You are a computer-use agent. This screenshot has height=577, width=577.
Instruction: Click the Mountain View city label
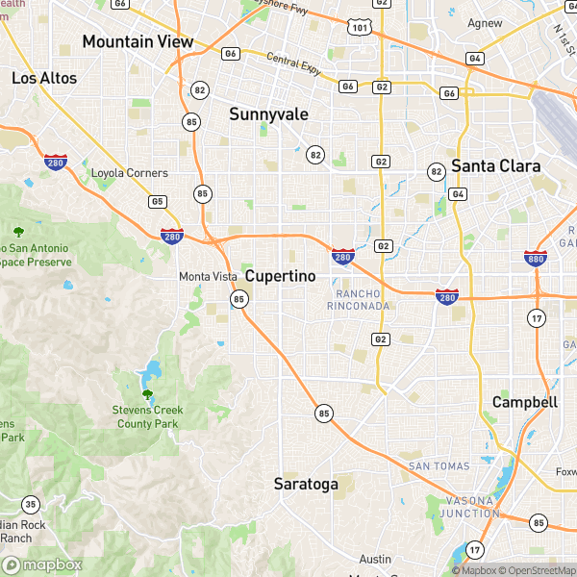click(x=138, y=41)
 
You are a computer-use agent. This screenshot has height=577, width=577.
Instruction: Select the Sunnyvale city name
click(x=268, y=114)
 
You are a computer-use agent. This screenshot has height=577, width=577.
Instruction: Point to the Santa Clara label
click(x=496, y=165)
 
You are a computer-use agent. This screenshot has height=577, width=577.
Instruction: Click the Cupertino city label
click(x=280, y=276)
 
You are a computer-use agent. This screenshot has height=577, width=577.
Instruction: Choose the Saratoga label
click(x=306, y=484)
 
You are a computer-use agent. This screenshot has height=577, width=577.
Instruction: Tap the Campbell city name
click(x=524, y=402)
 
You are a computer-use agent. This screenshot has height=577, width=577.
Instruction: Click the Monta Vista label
click(x=208, y=277)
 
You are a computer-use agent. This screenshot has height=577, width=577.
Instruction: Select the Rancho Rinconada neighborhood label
click(x=363, y=299)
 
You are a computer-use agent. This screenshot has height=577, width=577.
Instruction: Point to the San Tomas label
click(x=439, y=466)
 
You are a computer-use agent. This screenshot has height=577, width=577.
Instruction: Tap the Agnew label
click(x=485, y=22)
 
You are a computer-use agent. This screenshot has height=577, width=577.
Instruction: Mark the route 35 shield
click(x=31, y=504)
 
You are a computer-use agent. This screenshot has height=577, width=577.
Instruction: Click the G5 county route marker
click(x=157, y=201)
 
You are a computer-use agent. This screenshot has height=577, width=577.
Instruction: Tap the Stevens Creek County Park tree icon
click(x=147, y=394)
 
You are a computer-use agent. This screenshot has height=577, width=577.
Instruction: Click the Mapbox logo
click(x=43, y=565)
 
